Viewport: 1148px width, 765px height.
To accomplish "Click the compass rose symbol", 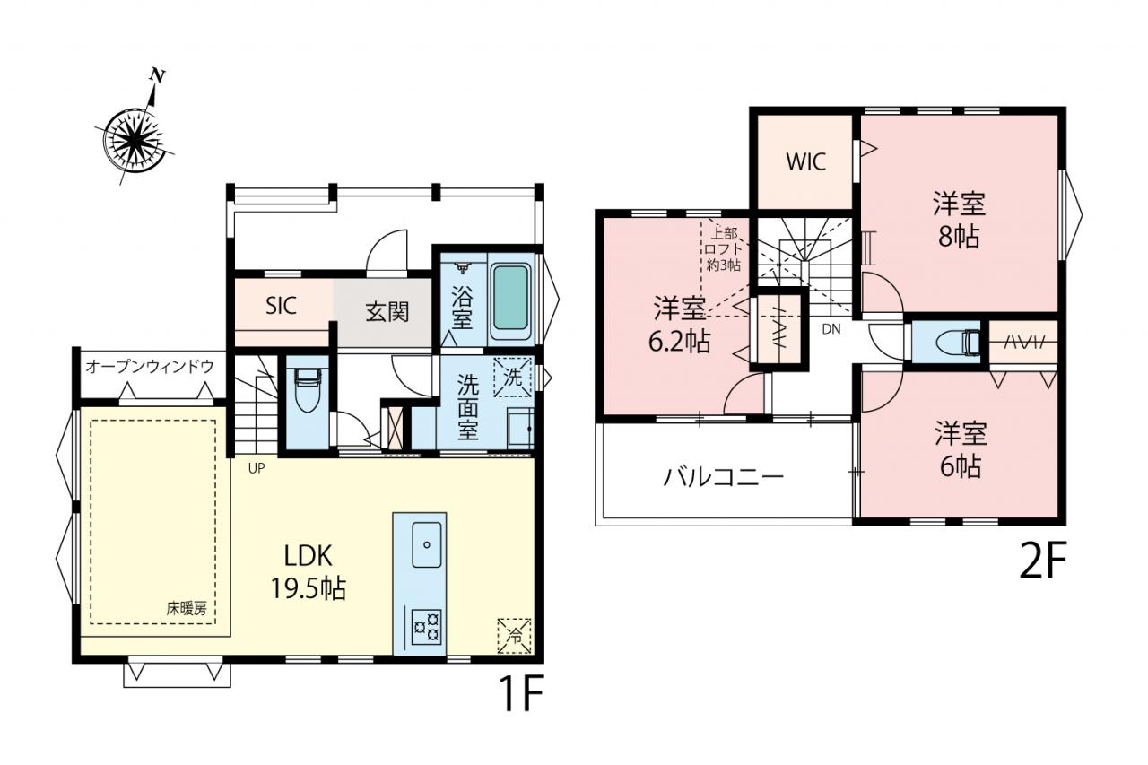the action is (x=135, y=138).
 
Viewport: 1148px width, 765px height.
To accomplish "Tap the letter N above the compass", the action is (x=157, y=76).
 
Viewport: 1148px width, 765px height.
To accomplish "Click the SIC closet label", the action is (x=281, y=306).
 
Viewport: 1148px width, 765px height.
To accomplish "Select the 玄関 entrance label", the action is (x=387, y=311).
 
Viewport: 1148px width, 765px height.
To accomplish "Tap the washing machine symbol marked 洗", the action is (x=512, y=378).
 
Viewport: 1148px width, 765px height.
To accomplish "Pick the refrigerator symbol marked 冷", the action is (x=514, y=636).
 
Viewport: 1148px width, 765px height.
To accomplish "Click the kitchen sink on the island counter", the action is (x=427, y=544).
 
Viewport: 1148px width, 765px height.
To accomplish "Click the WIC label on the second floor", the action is (x=805, y=162).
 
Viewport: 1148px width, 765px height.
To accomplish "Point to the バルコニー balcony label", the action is (x=723, y=477).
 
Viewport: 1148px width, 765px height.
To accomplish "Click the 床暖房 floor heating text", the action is (x=187, y=609).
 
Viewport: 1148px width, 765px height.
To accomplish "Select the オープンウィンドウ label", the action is (x=150, y=367).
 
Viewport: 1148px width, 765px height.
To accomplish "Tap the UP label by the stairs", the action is (x=257, y=468).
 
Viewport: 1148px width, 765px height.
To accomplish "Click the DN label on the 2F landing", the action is (x=831, y=329).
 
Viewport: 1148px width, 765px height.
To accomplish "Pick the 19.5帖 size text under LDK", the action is (x=308, y=588).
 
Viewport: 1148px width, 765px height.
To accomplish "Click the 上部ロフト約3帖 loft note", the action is (x=724, y=249).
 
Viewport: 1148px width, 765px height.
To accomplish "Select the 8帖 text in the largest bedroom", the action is (x=959, y=237).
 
